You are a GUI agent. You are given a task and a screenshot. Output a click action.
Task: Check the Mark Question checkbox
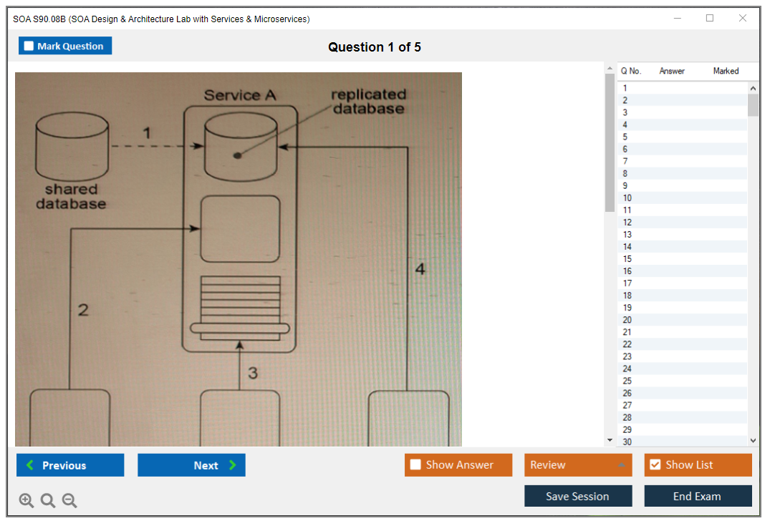pos(29,47)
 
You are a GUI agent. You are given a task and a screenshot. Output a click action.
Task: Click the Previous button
pos(70,465)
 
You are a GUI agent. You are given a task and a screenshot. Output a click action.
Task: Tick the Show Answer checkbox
pos(415,465)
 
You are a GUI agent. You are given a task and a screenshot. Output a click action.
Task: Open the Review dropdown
pos(578,465)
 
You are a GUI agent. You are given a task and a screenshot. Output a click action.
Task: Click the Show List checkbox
pos(655,465)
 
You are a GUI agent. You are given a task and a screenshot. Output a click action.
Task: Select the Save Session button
pos(578,496)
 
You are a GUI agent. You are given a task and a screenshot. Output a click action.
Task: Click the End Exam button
pos(698,496)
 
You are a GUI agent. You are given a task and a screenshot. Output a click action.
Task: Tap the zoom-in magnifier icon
pos(27,501)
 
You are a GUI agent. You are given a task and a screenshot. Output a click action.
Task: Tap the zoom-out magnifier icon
pos(69,501)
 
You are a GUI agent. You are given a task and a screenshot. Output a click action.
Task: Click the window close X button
pos(743,19)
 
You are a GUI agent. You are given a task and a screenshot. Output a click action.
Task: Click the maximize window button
pos(710,19)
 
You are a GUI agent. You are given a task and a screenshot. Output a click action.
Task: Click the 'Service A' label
pos(240,95)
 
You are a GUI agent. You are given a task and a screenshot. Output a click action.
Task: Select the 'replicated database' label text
pos(368,102)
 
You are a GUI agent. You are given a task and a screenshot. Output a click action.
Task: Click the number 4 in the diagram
pos(420,269)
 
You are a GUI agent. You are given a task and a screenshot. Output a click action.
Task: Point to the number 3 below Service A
pos(253,373)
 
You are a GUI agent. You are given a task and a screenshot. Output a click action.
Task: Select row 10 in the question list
pos(627,198)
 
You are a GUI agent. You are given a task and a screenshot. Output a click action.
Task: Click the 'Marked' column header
pos(726,71)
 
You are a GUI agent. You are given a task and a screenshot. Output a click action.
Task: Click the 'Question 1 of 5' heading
pos(375,47)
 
